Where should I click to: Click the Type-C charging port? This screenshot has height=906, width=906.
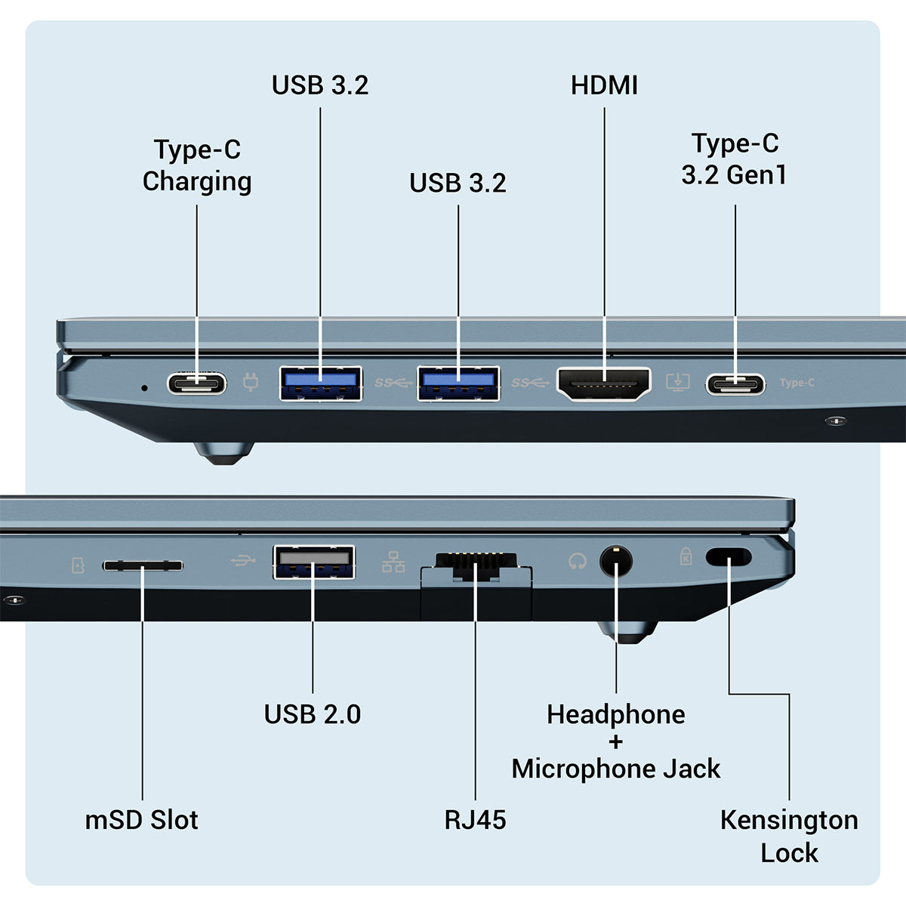[196, 384]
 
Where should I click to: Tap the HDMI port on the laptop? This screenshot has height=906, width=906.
[604, 384]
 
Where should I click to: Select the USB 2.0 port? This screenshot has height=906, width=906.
[313, 561]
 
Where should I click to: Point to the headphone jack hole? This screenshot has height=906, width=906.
[616, 561]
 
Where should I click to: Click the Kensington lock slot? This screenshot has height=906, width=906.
[729, 557]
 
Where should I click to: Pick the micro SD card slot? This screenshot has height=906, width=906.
[142, 565]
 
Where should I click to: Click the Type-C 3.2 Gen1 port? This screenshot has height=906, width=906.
[735, 384]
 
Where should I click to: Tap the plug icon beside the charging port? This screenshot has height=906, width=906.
[251, 383]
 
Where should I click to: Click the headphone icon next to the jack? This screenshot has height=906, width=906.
[578, 561]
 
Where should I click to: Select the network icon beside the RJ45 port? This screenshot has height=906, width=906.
[393, 562]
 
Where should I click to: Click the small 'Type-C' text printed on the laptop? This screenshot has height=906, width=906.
[797, 383]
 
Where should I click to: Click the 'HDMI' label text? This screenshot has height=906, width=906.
[604, 85]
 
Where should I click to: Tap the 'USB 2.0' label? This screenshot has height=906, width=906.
[313, 714]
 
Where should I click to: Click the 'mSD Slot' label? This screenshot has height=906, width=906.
[142, 820]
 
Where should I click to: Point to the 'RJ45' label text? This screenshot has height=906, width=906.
[475, 820]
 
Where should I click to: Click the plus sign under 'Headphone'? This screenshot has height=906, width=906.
[616, 741]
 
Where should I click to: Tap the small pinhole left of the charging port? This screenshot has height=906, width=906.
[145, 387]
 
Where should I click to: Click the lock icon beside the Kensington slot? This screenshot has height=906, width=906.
[686, 557]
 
